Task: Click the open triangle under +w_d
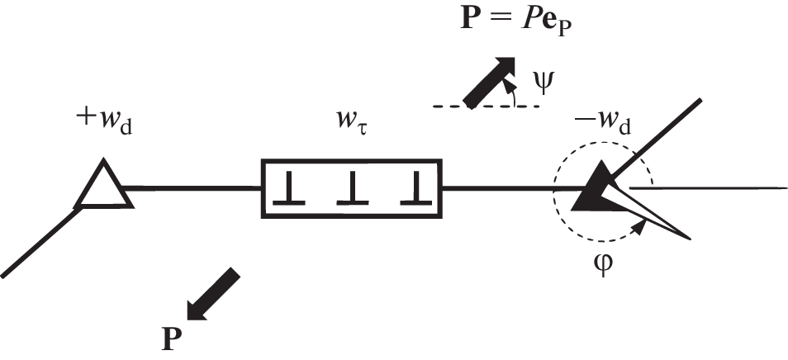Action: (x=102, y=186)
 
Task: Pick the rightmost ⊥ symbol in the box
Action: (x=413, y=192)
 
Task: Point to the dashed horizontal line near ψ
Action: (x=487, y=107)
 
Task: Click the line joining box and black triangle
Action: (x=504, y=188)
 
